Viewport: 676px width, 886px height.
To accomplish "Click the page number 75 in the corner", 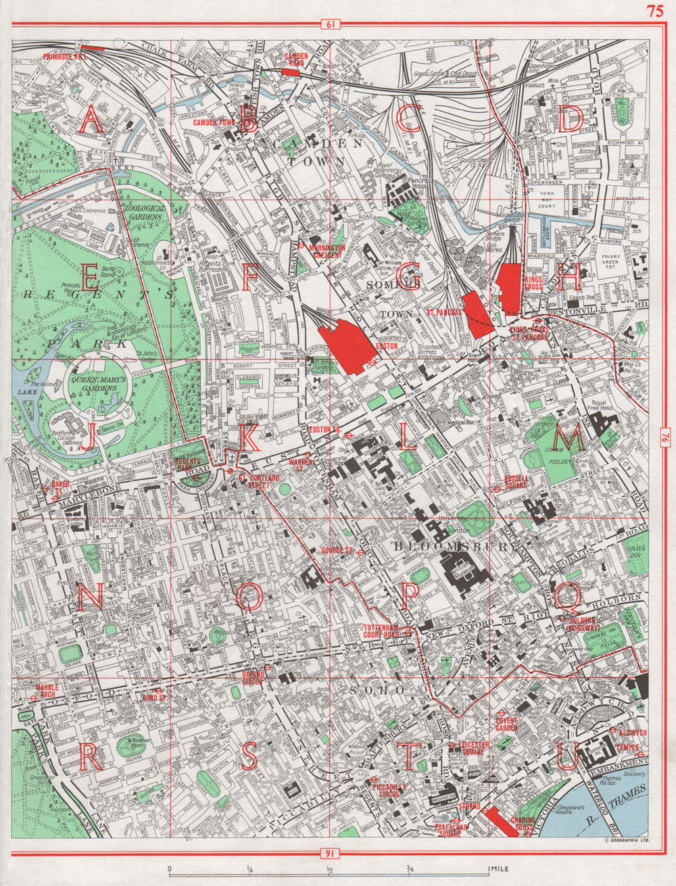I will click(654, 10).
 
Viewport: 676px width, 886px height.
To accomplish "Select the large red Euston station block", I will click(348, 345).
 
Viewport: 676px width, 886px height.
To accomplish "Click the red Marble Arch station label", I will click(47, 690).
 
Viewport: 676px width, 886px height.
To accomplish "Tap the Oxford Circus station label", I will click(252, 677).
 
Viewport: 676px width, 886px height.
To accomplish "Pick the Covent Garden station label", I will click(506, 724).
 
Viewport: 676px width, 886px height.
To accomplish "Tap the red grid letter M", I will click(571, 440).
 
